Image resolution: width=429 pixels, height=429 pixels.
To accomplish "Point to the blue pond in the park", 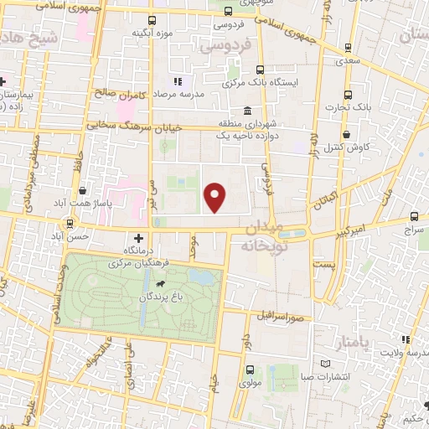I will pyautogui.click(x=200, y=277).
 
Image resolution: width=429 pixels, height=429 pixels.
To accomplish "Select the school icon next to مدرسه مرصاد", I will pyautogui.click(x=178, y=81).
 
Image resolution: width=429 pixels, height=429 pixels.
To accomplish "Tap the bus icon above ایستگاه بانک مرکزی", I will pyautogui.click(x=260, y=70).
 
